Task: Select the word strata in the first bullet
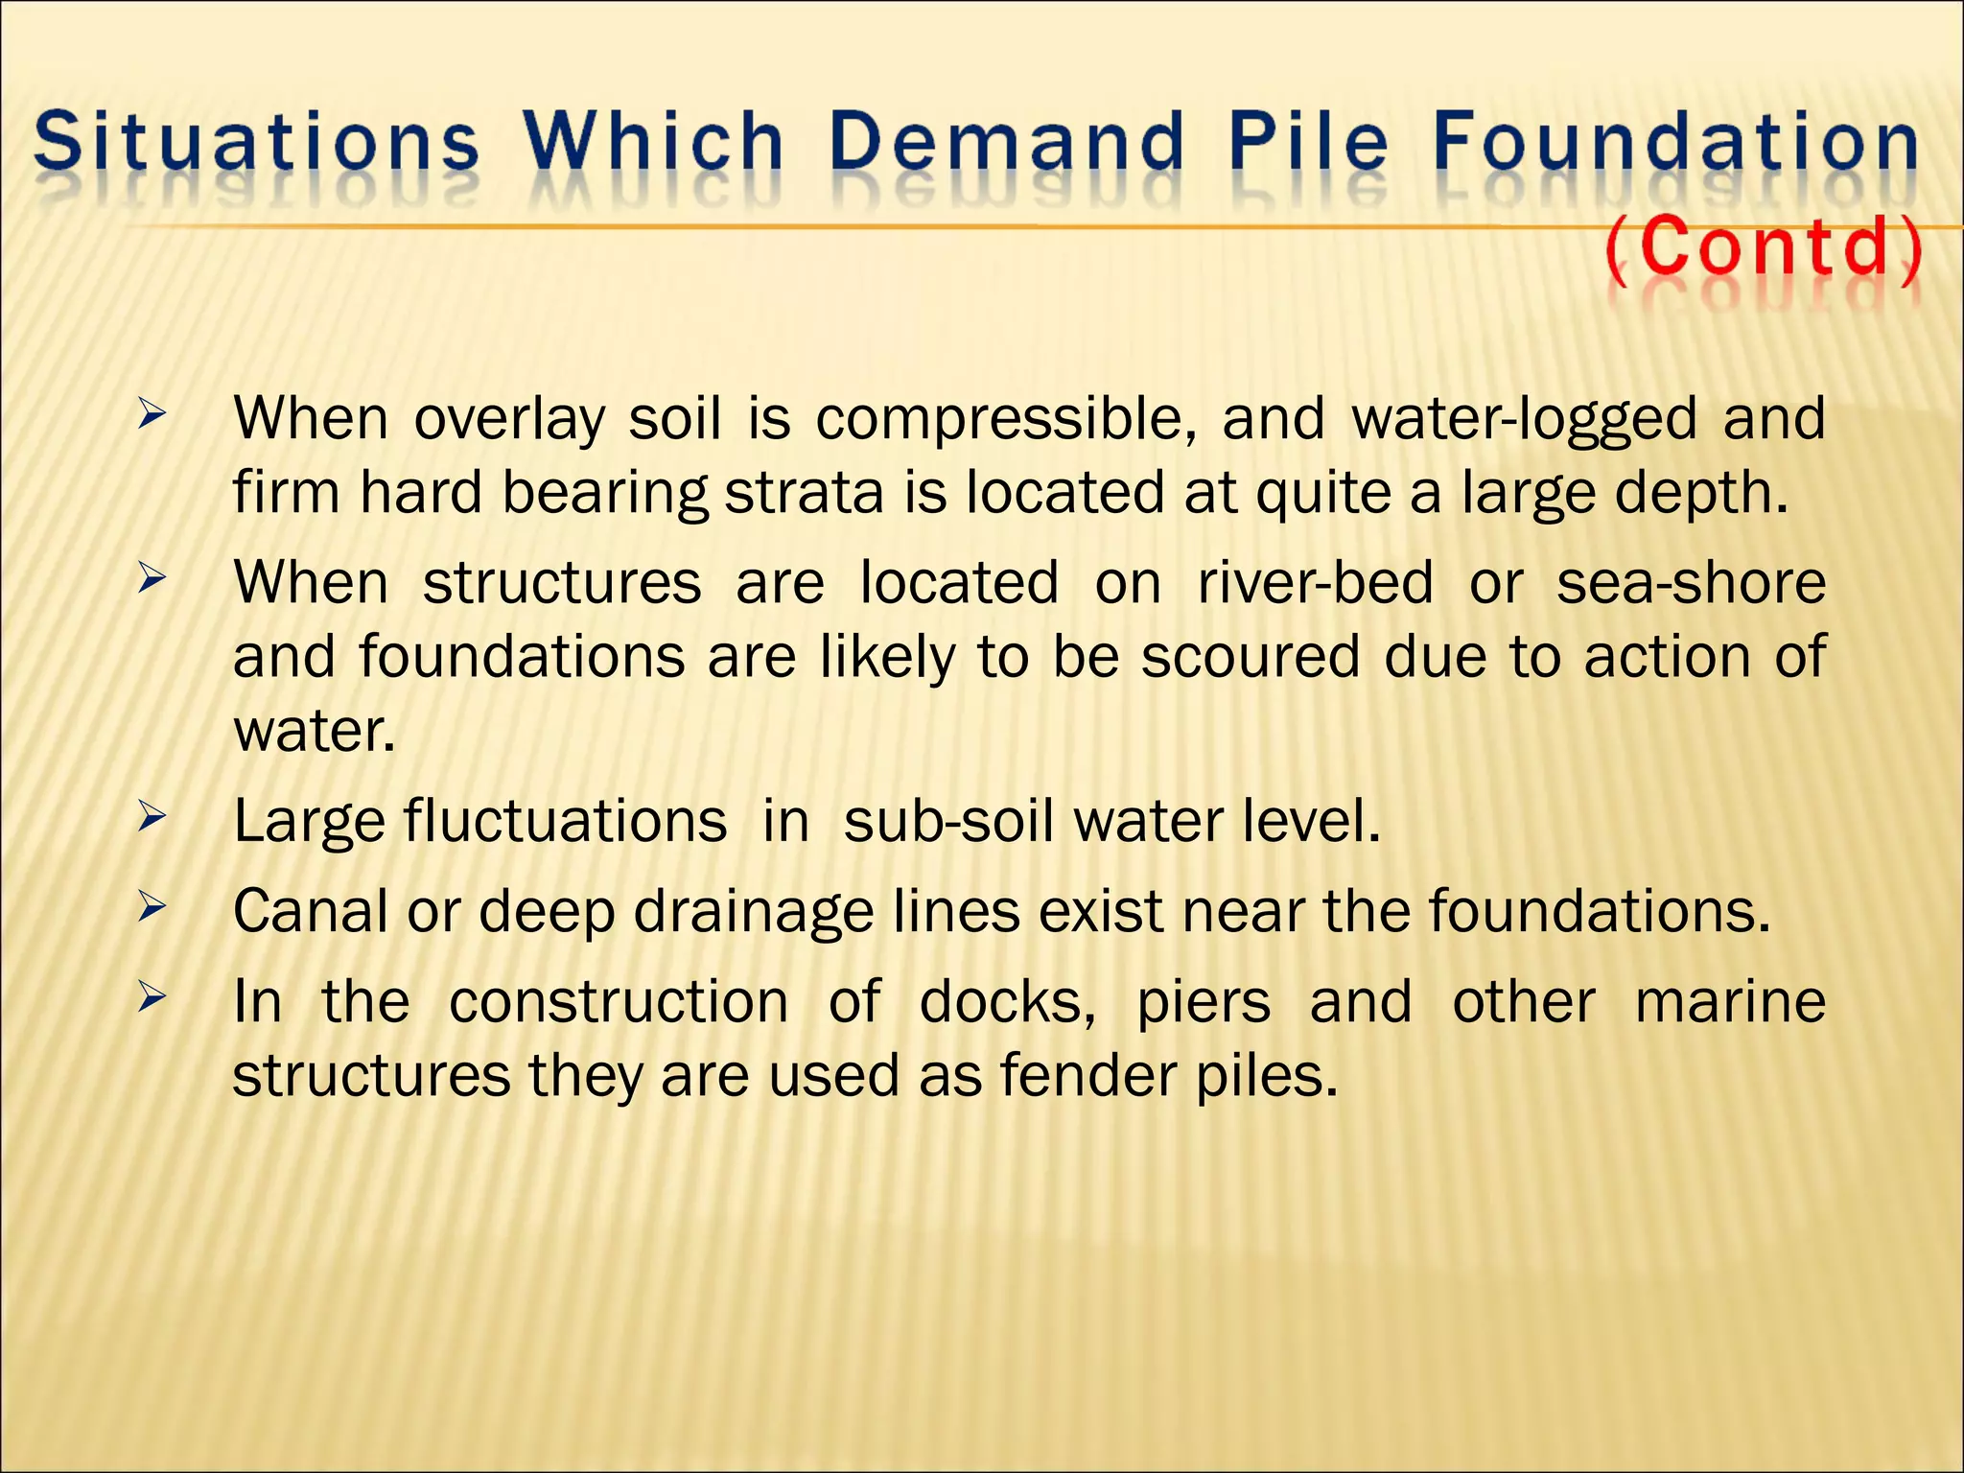(804, 493)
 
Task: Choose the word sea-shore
(1691, 583)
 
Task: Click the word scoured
(1251, 657)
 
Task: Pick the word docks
(1007, 1002)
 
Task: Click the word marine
(1730, 1002)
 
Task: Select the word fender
(1087, 1076)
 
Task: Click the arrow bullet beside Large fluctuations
(152, 818)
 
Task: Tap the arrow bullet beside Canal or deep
(152, 907)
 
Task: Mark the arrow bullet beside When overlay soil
(152, 416)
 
